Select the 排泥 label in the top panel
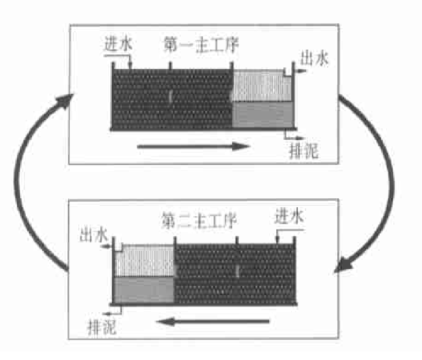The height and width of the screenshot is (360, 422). pyautogui.click(x=303, y=150)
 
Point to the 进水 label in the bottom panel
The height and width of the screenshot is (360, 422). pyautogui.click(x=289, y=217)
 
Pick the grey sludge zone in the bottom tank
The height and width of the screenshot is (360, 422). pyautogui.click(x=144, y=291)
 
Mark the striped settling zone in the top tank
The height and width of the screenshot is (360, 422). pyautogui.click(x=260, y=86)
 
